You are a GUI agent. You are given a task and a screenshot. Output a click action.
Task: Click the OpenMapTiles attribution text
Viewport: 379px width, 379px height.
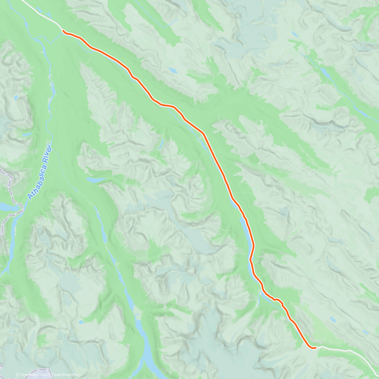click(x=33, y=375)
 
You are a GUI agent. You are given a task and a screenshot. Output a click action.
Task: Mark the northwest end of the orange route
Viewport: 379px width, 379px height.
click(x=63, y=31)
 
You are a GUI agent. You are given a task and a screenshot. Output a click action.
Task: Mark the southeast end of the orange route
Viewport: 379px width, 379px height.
click(x=315, y=348)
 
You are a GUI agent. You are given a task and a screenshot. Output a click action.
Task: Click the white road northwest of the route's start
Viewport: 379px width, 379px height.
click(x=41, y=14)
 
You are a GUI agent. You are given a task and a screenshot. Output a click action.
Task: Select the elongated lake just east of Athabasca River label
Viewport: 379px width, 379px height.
click(x=95, y=180)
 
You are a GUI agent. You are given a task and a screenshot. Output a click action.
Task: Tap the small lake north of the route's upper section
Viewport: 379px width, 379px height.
click(x=172, y=70)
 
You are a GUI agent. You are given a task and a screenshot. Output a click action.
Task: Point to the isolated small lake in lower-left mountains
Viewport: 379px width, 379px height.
click(x=81, y=322)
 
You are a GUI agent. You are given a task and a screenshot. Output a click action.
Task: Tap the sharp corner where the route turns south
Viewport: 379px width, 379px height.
click(x=204, y=134)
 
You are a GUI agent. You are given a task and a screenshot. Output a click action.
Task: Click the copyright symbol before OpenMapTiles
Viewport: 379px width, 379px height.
click(x=18, y=375)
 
